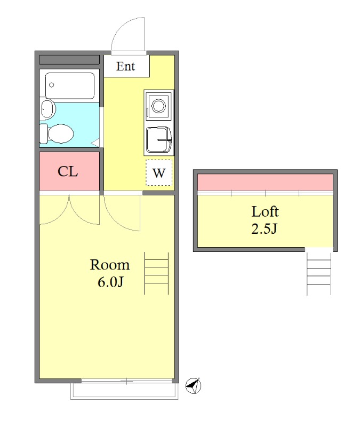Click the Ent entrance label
[125, 66]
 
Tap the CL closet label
[68, 171]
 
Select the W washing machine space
[159, 172]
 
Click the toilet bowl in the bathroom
[57, 133]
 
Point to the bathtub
[70, 85]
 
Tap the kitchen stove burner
[158, 106]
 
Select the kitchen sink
[159, 140]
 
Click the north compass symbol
[193, 385]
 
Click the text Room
[110, 265]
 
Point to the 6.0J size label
[110, 282]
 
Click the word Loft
[265, 211]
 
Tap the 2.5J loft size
[264, 228]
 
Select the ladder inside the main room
[156, 273]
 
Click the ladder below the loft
[319, 274]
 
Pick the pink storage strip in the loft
[265, 182]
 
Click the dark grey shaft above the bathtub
[69, 60]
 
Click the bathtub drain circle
[51, 85]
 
